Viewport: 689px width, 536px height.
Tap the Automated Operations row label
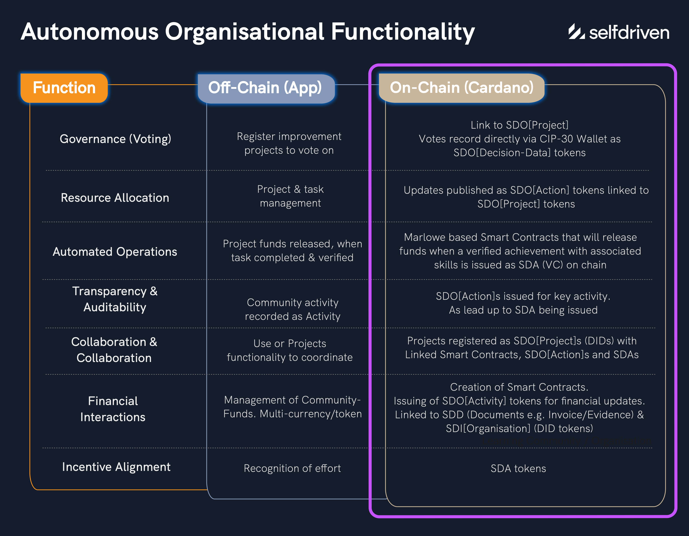115,252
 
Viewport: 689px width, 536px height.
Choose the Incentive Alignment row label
116,467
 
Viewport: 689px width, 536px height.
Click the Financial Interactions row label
113,409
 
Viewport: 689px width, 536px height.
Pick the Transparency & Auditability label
115,299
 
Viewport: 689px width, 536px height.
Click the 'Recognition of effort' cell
292,468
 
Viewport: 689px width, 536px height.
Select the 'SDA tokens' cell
518,468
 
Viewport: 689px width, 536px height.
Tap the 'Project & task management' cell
290,196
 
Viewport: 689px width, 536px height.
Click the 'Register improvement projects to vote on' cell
289,144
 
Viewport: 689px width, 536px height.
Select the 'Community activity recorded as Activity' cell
292,310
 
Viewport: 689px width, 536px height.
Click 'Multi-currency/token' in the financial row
311,414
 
